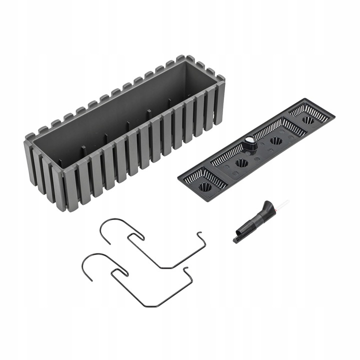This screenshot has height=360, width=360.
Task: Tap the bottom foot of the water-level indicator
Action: coord(237,239)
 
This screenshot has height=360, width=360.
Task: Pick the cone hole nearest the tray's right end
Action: coord(307,120)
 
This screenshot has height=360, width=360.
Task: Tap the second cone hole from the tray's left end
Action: coord(241,163)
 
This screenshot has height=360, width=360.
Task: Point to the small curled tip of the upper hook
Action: coord(199,233)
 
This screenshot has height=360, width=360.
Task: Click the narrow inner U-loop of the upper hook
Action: coord(134,237)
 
